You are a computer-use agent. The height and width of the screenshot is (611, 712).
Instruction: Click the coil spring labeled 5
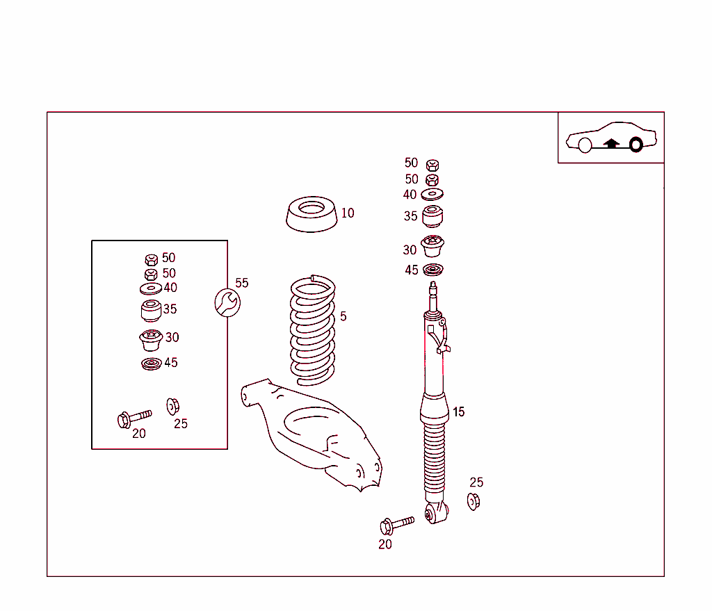click(x=311, y=330)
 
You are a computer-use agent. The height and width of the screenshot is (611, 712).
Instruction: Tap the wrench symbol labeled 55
click(x=227, y=302)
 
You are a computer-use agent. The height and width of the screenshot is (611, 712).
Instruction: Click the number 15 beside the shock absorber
click(x=458, y=412)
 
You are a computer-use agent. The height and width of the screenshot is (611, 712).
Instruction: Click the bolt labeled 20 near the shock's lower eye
click(x=396, y=523)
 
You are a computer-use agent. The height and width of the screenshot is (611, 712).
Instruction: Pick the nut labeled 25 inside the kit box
click(x=173, y=405)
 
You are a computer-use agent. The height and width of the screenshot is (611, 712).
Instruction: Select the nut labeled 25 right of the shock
click(x=474, y=500)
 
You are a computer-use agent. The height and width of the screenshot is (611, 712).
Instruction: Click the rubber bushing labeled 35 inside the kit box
click(x=151, y=310)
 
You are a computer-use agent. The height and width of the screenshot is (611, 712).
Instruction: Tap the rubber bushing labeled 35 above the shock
click(x=433, y=216)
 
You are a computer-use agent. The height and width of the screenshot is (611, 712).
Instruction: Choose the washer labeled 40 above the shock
click(x=432, y=194)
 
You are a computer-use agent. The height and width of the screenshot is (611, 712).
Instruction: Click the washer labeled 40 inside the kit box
click(x=150, y=288)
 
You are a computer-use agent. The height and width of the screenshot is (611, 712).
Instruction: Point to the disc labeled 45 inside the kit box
click(x=150, y=364)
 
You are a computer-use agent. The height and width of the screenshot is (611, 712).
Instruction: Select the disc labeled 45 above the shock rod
click(x=433, y=270)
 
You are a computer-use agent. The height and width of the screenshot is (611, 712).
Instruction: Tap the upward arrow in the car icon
click(x=611, y=144)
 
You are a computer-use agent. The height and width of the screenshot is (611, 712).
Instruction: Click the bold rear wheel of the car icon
click(x=635, y=145)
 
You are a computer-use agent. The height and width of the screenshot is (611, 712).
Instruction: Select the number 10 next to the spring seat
click(x=348, y=213)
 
